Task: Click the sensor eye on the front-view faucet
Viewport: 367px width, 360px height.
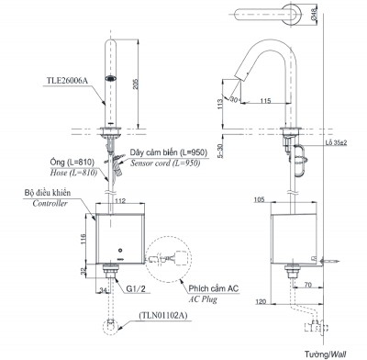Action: pos(110,80)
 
